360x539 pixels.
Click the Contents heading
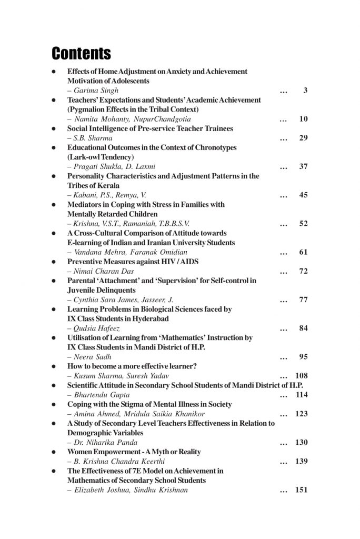(81, 53)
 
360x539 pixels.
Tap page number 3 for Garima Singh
(305, 91)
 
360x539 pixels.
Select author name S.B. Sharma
(93, 138)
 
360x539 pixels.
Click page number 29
(303, 138)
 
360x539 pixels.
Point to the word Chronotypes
(213, 147)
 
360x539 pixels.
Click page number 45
(303, 195)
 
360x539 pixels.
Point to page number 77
(303, 300)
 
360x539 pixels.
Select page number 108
(301, 375)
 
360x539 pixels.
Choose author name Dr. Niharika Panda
(106, 442)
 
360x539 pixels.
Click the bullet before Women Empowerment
(54, 452)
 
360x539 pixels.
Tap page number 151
(301, 490)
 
